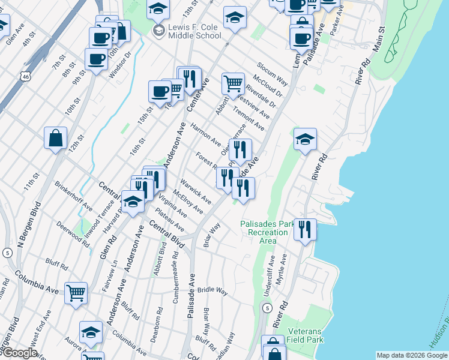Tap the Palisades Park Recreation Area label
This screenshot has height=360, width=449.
268,232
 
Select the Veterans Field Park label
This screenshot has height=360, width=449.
306,335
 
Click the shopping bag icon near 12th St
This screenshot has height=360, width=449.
55,138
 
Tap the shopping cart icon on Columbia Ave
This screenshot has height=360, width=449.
76,293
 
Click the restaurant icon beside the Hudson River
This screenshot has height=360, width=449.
306,229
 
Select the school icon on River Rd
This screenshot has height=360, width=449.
305,139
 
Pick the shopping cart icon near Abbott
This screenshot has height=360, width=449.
233,83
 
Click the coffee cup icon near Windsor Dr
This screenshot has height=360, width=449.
96,59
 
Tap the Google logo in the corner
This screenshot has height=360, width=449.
19,353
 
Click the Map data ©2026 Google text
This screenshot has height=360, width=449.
412,355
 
